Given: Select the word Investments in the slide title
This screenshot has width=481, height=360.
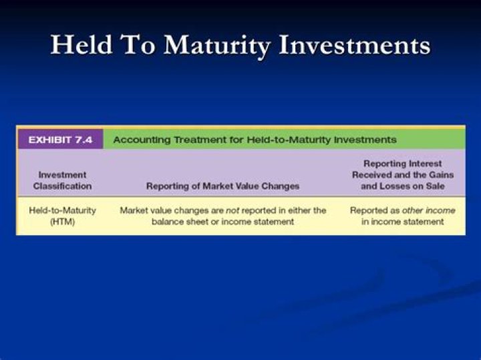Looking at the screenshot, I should point(355,45).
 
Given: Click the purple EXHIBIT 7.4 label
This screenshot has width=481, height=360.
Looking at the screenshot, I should point(60,140).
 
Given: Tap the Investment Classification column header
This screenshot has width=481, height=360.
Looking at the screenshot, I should point(62,180).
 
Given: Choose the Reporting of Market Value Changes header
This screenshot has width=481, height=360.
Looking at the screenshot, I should point(222,186).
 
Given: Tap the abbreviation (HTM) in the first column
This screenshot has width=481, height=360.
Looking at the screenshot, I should point(62,222).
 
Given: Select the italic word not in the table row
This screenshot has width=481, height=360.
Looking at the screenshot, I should point(232,210).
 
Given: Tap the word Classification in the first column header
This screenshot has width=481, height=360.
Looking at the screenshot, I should point(62,186).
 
